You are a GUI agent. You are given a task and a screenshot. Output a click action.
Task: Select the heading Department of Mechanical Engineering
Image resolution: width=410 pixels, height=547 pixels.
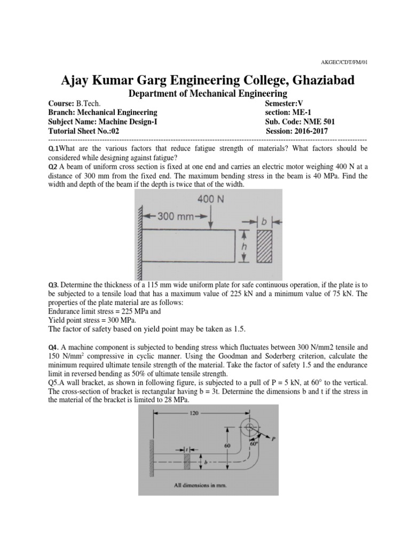[x=206, y=93]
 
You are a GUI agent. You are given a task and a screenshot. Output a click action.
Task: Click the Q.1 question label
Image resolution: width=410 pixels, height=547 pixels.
[x=54, y=148]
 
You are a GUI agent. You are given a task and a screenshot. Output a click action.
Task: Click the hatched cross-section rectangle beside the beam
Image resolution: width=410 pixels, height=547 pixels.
[x=264, y=246]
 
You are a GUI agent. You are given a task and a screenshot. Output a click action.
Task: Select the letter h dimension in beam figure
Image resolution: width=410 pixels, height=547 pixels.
[x=244, y=246]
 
